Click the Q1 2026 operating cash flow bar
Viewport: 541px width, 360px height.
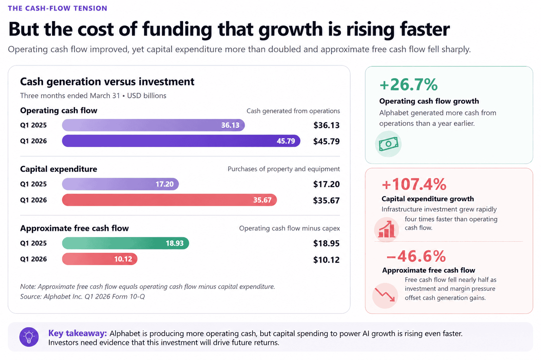[x=181, y=141]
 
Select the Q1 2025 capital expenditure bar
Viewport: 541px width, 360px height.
[x=120, y=184]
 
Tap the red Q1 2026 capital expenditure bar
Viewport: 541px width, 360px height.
[x=169, y=200]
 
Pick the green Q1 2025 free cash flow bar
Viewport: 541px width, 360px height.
[x=125, y=243]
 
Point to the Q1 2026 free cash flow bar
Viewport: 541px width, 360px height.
[x=100, y=259]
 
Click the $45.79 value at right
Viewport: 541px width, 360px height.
[x=326, y=141]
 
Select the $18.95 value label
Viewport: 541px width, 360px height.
[x=326, y=244]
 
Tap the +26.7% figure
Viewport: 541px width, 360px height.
[x=408, y=84]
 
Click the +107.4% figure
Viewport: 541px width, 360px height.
[x=414, y=184]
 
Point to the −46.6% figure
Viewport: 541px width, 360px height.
[x=416, y=256]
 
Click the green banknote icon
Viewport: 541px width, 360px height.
[x=388, y=144]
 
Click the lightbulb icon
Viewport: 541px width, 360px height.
[x=29, y=337]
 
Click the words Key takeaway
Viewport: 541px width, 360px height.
[x=77, y=333]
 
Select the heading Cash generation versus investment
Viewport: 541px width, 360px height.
[x=107, y=82]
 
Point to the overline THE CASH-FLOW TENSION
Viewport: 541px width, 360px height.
[x=57, y=8]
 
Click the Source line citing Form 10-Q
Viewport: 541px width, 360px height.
[x=82, y=297]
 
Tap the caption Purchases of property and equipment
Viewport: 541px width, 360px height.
[x=284, y=169]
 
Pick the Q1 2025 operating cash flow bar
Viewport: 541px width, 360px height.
[x=153, y=125]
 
